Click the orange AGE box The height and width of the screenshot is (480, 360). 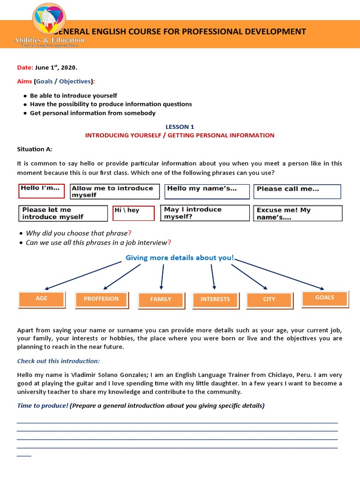41,299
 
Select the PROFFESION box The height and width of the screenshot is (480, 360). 101,299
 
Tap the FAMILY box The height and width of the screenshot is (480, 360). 161,300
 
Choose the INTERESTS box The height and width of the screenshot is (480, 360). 215,300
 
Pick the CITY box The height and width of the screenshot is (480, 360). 269,300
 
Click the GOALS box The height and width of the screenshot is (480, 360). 325,298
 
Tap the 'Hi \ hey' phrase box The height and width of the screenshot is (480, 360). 133,213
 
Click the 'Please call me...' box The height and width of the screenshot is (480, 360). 297,191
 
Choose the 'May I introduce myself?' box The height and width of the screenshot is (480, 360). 205,213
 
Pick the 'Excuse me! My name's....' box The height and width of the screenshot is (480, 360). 298,213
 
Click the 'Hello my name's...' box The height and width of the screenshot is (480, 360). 207,191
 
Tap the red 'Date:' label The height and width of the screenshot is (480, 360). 25,67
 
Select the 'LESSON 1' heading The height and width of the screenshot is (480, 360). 180,127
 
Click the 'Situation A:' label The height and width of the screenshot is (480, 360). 35,149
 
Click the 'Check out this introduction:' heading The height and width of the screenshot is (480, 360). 59,361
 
